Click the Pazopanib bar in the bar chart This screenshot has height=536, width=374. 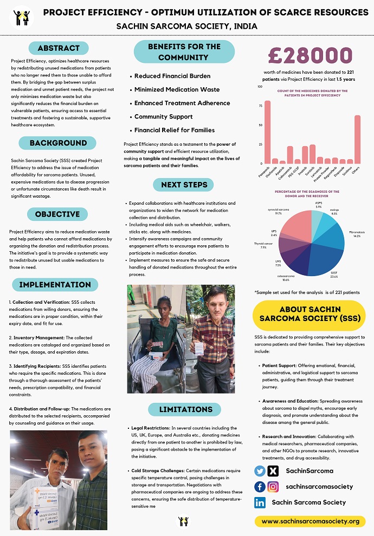tap(267, 132)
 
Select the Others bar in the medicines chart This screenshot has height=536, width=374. tap(357, 139)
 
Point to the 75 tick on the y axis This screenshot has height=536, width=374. tap(260, 106)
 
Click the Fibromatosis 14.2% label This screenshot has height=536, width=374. tap(356, 234)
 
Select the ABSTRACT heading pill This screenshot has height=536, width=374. tap(59, 48)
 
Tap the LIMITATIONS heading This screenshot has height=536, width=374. tap(184, 409)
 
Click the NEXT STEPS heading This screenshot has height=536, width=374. tap(184, 185)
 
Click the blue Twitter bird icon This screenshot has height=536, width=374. tap(260, 471)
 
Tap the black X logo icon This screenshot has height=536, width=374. tap(273, 471)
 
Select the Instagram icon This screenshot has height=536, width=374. tap(273, 487)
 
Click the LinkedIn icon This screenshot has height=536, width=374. tap(260, 502)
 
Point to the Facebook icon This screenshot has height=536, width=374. tap(260, 487)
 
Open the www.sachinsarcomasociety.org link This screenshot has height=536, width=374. tap(310, 521)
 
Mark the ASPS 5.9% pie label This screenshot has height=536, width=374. tap(318, 205)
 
